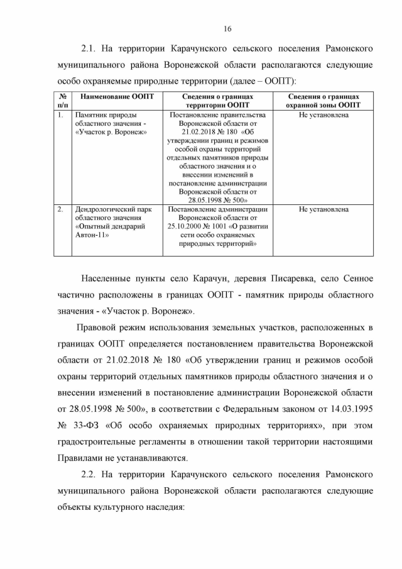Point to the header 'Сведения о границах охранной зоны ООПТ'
(323, 101)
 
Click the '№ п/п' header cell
(63, 101)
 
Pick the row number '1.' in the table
(60, 115)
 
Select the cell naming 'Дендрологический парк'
(111, 209)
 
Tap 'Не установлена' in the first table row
(323, 115)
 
